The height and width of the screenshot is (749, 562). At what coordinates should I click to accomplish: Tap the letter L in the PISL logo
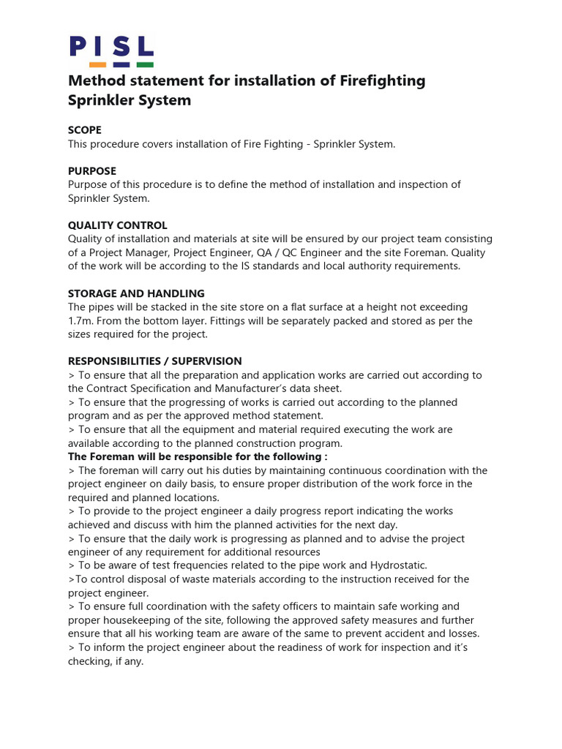click(x=144, y=47)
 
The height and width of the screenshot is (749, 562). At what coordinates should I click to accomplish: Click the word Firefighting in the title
click(x=383, y=80)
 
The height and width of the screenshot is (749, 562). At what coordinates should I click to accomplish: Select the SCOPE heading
click(x=85, y=130)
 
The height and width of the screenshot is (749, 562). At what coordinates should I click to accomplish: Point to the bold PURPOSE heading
click(x=92, y=171)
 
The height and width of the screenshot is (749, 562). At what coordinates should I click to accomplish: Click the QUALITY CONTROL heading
click(x=118, y=225)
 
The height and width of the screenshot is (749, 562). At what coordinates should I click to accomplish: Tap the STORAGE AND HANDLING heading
click(x=136, y=293)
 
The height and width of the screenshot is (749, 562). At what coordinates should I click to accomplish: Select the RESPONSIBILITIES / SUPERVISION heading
click(x=154, y=361)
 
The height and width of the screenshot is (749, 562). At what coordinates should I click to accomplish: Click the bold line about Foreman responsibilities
click(x=198, y=456)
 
